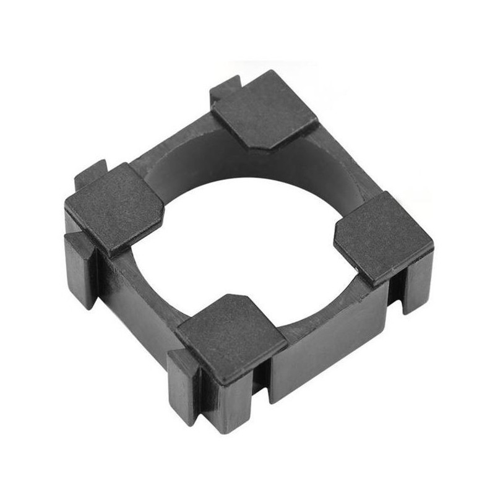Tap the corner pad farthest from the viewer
pyautogui.click(x=265, y=109)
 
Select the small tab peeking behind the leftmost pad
pyautogui.click(x=90, y=173)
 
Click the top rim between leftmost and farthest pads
pyautogui.click(x=173, y=148)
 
